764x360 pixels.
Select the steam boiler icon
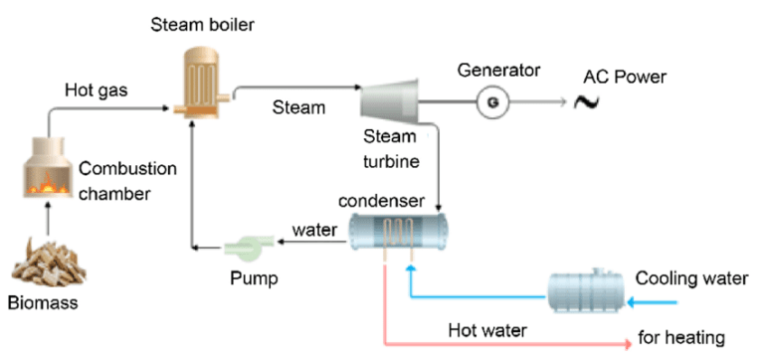(x=206, y=75)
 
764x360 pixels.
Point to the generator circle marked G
(x=489, y=101)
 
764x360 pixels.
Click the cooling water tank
(x=587, y=287)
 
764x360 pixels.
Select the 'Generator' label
(x=498, y=71)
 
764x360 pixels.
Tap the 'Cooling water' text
(x=691, y=277)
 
